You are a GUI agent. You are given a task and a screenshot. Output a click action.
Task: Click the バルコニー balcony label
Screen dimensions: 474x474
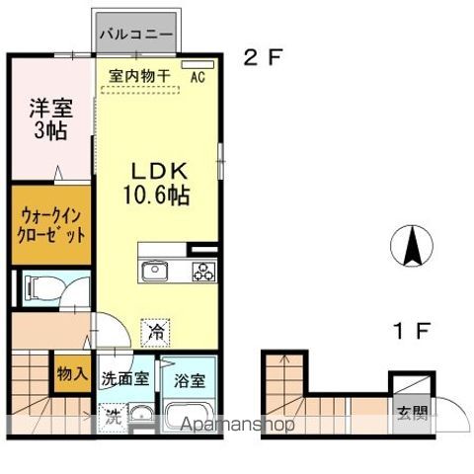(x=137, y=35)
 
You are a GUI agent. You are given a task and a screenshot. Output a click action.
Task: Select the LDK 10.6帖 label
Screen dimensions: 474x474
(x=156, y=182)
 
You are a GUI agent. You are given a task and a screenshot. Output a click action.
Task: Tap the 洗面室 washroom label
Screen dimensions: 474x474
(x=125, y=379)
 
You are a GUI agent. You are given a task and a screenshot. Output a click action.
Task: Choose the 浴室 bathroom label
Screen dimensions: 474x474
(x=190, y=379)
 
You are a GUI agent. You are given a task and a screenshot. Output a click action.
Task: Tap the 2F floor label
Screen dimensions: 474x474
(x=264, y=56)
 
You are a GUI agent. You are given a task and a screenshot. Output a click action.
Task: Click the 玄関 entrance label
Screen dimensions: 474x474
(x=412, y=414)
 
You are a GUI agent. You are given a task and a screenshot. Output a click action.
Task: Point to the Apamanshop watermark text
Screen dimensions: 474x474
(x=237, y=425)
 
